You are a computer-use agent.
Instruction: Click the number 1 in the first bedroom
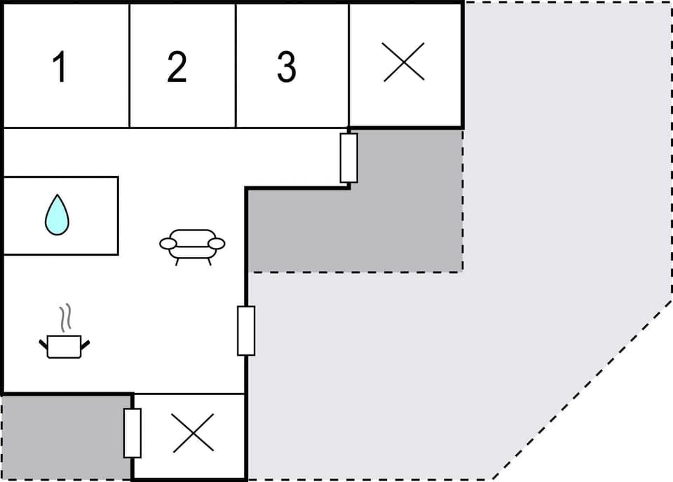point(60,68)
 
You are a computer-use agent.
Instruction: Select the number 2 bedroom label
point(177,67)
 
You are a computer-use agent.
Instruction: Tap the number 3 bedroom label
point(286,67)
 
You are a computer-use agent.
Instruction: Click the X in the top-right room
point(404,62)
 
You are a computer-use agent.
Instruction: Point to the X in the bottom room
point(193,433)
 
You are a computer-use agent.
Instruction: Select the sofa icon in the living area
point(192,246)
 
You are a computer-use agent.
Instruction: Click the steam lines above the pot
point(65,317)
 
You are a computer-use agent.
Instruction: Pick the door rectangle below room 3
point(348,158)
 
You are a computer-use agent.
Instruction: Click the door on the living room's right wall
point(246,331)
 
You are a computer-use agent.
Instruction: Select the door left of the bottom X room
point(132,433)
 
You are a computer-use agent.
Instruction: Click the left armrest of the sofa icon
point(168,244)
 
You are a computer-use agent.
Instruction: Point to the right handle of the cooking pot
point(86,343)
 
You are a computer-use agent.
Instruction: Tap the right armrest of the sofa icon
point(217,244)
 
